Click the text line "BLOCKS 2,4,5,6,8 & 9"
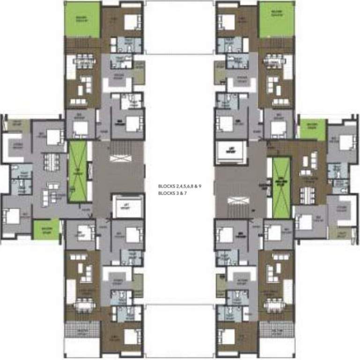pyautogui.click(x=180, y=187)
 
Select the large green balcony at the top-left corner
pyautogui.click(x=82, y=19)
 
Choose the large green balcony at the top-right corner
pyautogui.click(x=276, y=19)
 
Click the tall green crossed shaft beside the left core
pyautogui.click(x=79, y=172)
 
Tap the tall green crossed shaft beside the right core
pyautogui.click(x=281, y=187)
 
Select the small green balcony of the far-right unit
pyautogui.click(x=312, y=129)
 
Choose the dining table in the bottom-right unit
pyautogui.click(x=274, y=306)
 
